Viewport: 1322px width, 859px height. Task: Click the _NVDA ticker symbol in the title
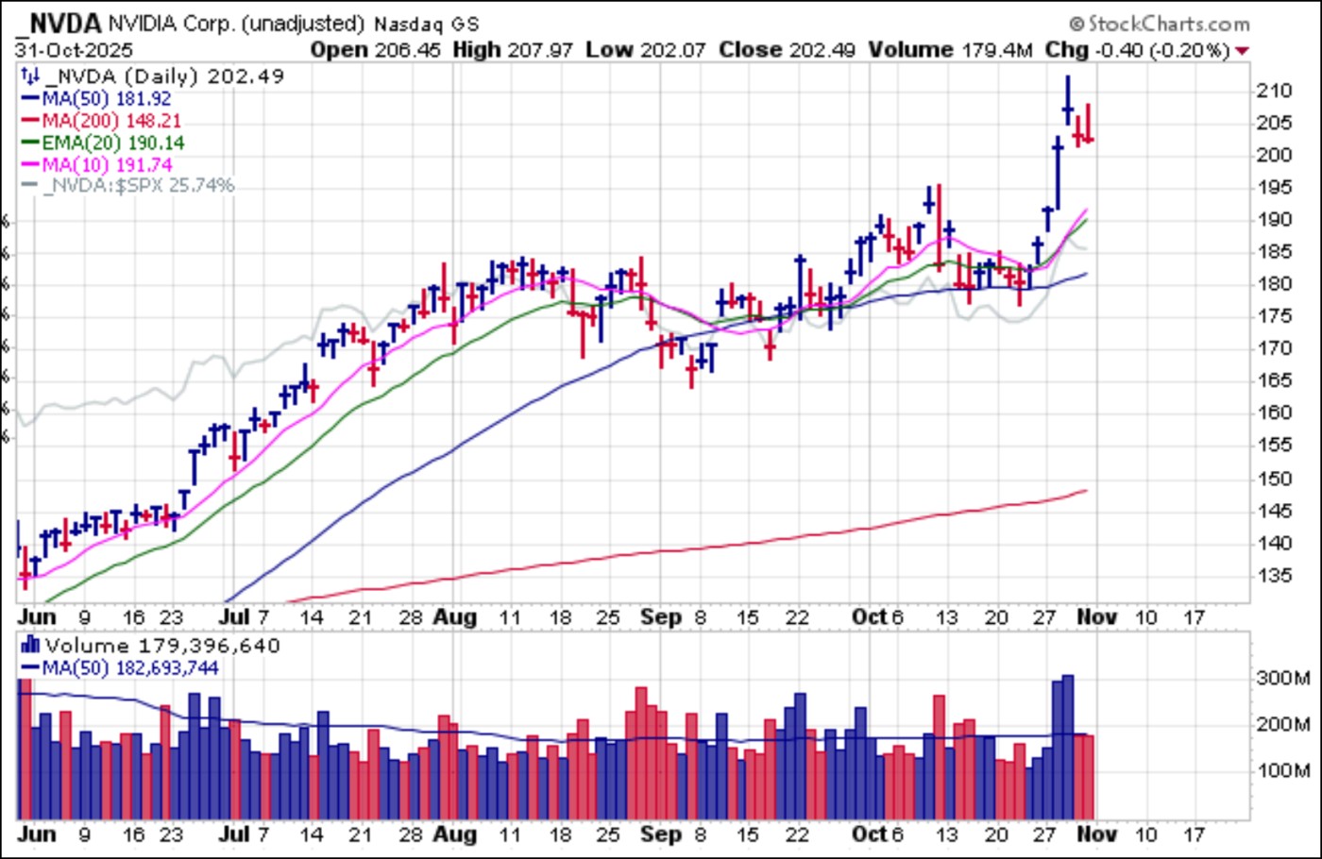tap(59, 22)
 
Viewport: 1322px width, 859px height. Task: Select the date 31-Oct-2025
tap(74, 50)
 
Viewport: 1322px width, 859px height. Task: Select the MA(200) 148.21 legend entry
tap(110, 121)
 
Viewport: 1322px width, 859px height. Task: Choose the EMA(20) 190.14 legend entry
tap(112, 143)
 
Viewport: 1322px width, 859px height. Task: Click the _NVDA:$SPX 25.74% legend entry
tap(138, 186)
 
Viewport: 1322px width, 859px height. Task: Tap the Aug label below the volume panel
tap(454, 834)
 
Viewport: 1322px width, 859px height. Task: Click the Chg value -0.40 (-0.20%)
tap(1161, 50)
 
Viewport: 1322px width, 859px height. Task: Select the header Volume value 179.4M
tap(996, 50)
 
